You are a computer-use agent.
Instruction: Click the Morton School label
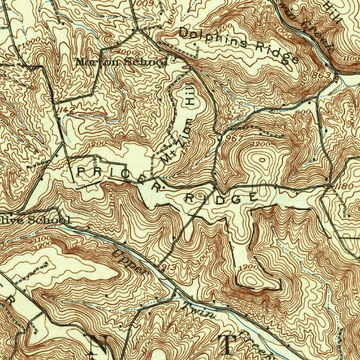[x=122, y=62]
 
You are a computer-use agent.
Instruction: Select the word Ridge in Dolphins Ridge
[x=277, y=53]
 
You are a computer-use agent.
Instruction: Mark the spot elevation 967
[x=235, y=138]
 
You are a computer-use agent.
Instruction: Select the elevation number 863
[x=323, y=76]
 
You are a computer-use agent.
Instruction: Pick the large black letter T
[x=227, y=345]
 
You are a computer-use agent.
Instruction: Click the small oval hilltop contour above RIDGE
[x=263, y=160]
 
